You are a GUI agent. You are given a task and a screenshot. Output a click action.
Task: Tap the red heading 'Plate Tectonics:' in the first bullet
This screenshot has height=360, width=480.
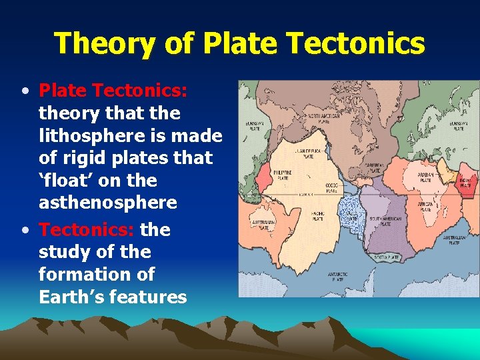click(x=113, y=90)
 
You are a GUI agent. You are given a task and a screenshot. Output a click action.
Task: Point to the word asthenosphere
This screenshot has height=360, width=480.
click(x=107, y=203)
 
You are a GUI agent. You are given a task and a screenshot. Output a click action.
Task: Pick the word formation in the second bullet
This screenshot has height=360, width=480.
click(x=96, y=274)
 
